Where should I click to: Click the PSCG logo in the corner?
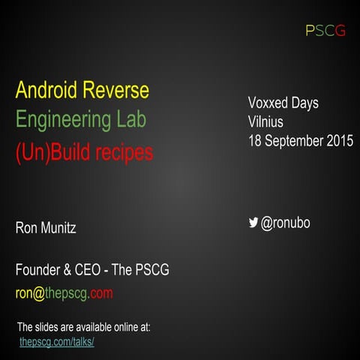[325, 31]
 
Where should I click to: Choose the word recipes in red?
[121, 153]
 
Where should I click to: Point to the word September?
[294, 140]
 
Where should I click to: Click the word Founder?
[40, 270]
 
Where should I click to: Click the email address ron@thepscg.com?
[64, 292]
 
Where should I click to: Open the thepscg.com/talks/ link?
[56, 342]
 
